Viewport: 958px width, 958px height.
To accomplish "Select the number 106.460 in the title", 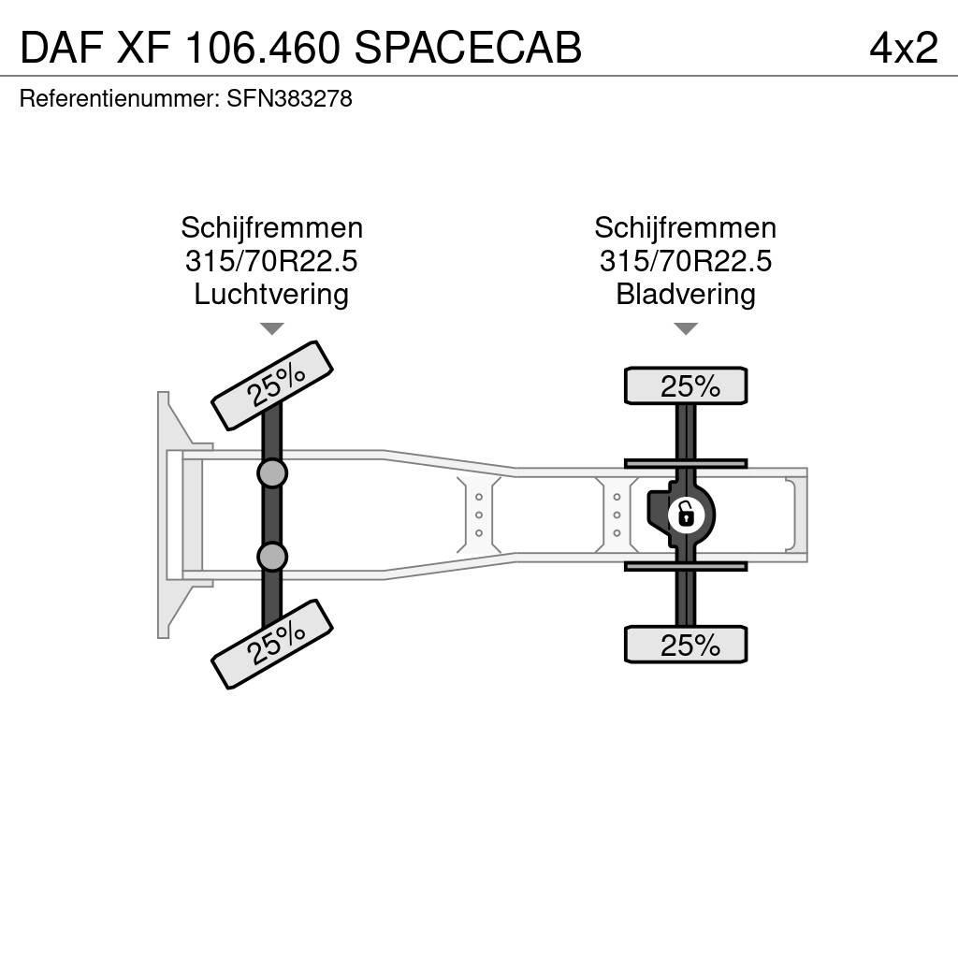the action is [262, 48].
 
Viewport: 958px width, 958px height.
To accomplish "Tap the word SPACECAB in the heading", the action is [468, 48].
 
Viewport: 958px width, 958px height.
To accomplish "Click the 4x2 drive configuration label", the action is [904, 48].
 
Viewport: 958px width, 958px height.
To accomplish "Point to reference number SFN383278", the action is [290, 99].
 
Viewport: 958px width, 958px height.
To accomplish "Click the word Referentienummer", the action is [120, 99].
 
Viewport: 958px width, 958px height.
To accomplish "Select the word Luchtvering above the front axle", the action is [271, 295].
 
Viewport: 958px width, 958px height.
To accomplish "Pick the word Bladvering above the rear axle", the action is [686, 295].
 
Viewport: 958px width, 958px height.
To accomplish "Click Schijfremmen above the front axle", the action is [272, 228].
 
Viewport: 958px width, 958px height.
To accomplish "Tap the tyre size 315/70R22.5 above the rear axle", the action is [686, 262].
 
